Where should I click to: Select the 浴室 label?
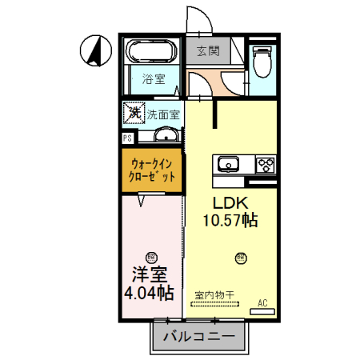pyautogui.click(x=154, y=78)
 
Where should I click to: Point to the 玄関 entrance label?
pyautogui.click(x=208, y=50)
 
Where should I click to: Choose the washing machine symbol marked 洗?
pyautogui.click(x=133, y=113)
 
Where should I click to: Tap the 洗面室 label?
pyautogui.click(x=164, y=114)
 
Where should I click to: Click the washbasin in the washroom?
pyautogui.click(x=165, y=134)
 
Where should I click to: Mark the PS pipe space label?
pyautogui.click(x=127, y=138)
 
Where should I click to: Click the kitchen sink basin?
pyautogui.click(x=228, y=165)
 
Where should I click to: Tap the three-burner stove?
pyautogui.click(x=266, y=165)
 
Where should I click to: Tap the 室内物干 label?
pyautogui.click(x=214, y=294)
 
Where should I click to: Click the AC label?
pyautogui.click(x=262, y=302)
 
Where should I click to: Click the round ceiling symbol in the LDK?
pyautogui.click(x=240, y=258)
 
